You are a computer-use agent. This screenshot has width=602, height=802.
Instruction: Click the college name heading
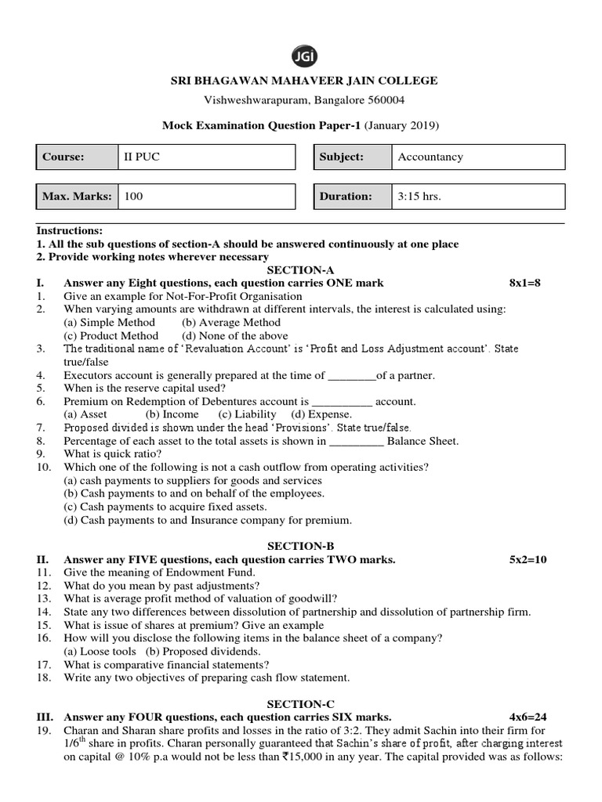point(300,81)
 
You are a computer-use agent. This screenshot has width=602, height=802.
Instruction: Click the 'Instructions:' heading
point(70,232)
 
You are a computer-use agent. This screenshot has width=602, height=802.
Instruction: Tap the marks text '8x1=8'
point(525,283)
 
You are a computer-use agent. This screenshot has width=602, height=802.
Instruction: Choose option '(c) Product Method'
point(111,335)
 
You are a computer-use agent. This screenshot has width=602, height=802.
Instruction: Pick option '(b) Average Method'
point(230,322)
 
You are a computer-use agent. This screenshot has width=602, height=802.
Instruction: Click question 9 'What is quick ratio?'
point(113,453)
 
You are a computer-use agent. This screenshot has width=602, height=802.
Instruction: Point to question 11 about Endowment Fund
point(159,573)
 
